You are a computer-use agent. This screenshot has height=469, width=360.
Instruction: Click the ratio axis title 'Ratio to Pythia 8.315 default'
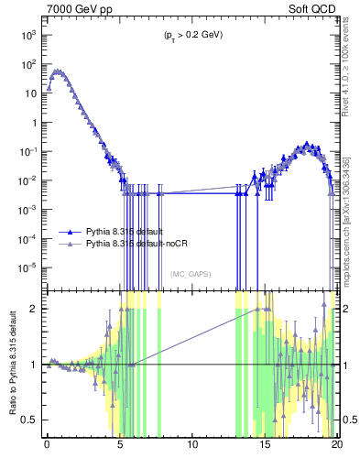[12, 364]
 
